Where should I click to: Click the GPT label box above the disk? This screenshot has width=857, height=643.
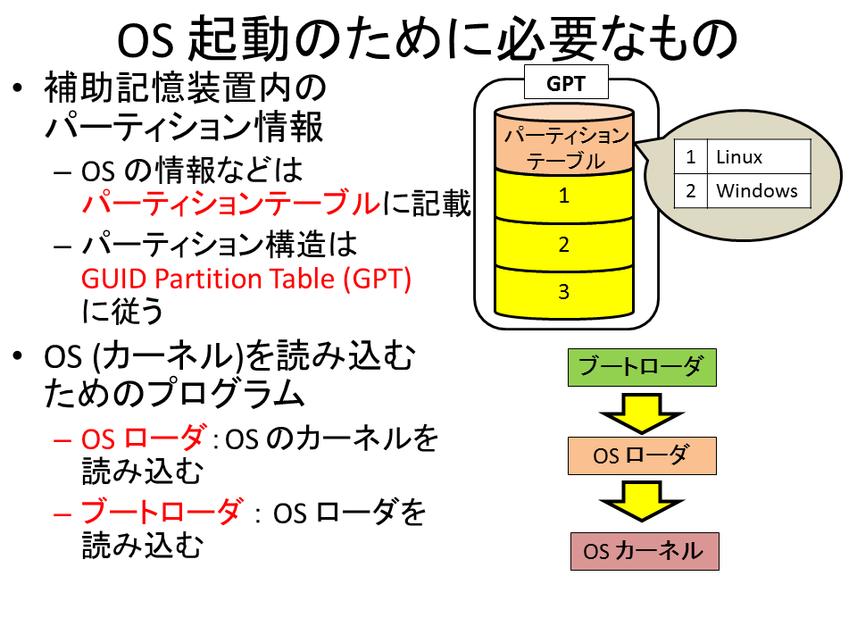(x=566, y=82)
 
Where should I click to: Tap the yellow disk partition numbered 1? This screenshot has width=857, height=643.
(x=564, y=196)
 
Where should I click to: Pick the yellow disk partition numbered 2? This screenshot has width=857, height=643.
(x=564, y=245)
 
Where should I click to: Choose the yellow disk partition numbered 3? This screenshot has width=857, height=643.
(x=564, y=292)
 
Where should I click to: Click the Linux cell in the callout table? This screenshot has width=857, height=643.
(x=759, y=157)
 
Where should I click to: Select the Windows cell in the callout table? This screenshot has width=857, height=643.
(x=759, y=191)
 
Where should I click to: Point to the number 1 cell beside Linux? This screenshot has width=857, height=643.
(x=691, y=157)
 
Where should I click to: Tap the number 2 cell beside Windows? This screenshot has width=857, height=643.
(x=691, y=191)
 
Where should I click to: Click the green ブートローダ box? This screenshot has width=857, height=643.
(x=642, y=367)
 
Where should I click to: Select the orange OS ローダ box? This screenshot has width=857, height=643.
(x=642, y=455)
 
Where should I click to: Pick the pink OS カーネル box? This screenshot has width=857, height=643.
(x=645, y=551)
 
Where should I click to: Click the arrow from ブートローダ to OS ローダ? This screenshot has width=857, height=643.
(x=642, y=413)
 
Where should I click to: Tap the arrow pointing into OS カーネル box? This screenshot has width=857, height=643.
(x=642, y=501)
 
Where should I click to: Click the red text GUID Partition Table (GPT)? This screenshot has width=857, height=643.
(x=246, y=279)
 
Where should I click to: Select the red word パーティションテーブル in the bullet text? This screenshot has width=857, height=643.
(x=230, y=203)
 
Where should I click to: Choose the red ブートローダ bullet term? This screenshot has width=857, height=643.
(x=162, y=511)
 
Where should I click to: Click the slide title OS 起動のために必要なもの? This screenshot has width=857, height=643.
(x=428, y=38)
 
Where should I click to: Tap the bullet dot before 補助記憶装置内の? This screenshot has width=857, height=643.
(x=18, y=88)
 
